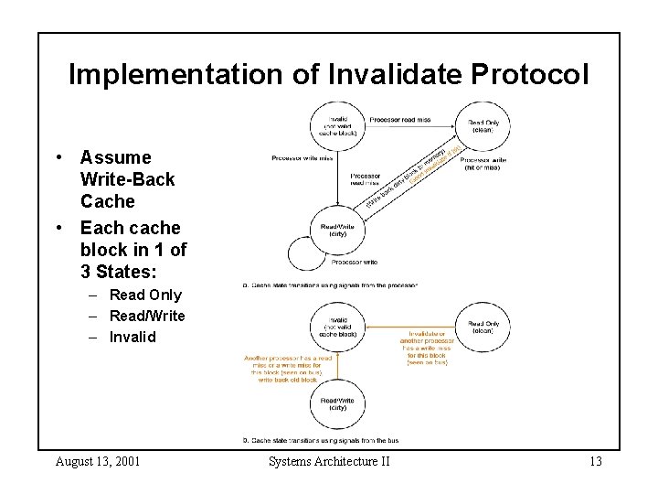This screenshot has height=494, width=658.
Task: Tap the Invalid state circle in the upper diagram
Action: point(337,124)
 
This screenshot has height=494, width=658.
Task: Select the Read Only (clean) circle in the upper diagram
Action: point(483,126)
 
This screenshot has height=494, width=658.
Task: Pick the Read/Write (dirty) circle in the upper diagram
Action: point(337,228)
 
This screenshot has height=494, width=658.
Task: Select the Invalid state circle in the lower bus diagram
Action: point(337,326)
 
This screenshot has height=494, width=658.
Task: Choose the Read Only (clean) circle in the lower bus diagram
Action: point(483,327)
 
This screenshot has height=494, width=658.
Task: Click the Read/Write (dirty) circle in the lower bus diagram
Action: point(337,403)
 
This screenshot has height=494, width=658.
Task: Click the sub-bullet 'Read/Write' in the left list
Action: point(146,316)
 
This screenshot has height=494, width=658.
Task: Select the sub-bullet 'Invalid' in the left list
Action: point(133,337)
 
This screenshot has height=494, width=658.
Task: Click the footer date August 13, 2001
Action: point(98,461)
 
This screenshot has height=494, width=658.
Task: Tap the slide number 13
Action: point(595,461)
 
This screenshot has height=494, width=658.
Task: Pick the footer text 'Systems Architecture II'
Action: point(329,461)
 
